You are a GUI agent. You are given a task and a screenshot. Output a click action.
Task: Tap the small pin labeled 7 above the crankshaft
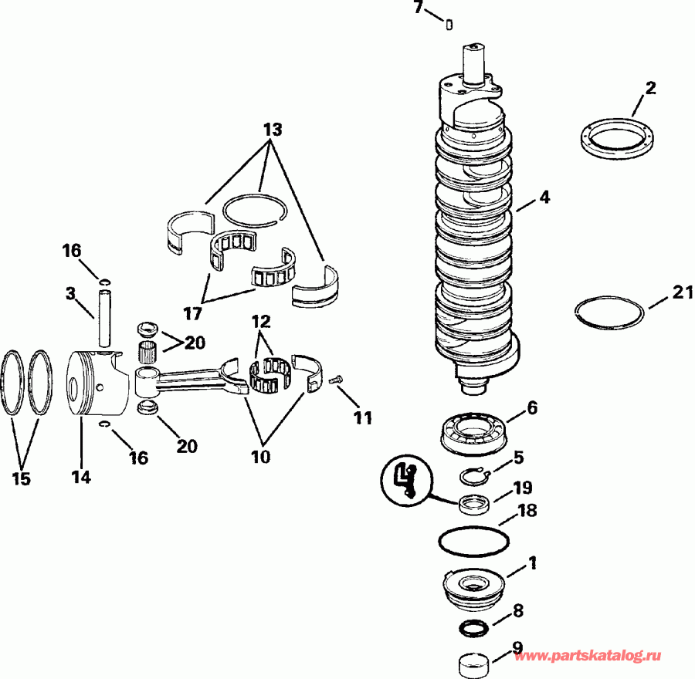click(x=449, y=25)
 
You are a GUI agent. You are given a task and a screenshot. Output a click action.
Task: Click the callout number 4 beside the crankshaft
click(x=544, y=198)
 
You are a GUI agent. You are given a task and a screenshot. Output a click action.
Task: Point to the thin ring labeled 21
click(x=610, y=314)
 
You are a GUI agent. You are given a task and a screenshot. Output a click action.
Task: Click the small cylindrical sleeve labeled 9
click(x=473, y=660)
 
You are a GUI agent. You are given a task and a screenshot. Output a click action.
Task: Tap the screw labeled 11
click(x=336, y=380)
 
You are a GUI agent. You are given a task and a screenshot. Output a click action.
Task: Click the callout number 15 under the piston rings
click(x=22, y=478)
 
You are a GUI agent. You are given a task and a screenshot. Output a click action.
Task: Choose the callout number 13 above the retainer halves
click(x=271, y=128)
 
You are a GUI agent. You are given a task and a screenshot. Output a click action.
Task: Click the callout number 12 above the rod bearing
click(x=260, y=320)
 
